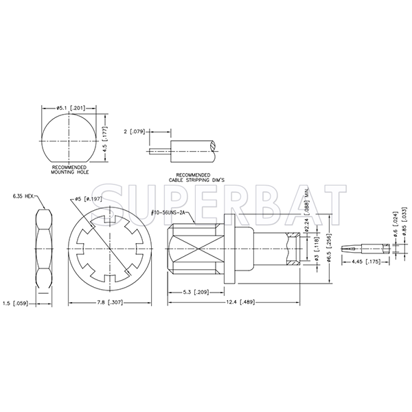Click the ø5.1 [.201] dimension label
69,107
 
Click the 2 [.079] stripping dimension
134,130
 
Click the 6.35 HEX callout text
25,196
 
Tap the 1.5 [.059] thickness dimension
14,302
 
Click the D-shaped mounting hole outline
69,138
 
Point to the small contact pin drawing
369,244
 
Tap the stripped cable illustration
189,146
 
